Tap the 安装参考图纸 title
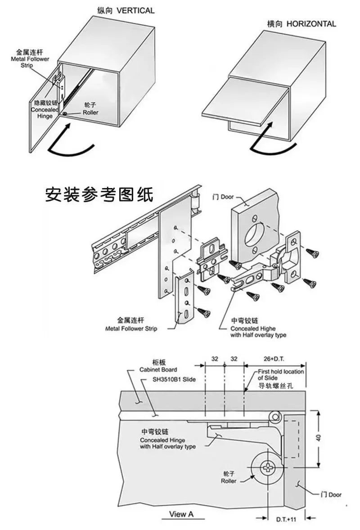pyautogui.click(x=99, y=194)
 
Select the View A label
pyautogui.click(x=181, y=514)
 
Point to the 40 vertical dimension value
pyautogui.click(x=318, y=438)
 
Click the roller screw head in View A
pyautogui.click(x=269, y=468)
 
